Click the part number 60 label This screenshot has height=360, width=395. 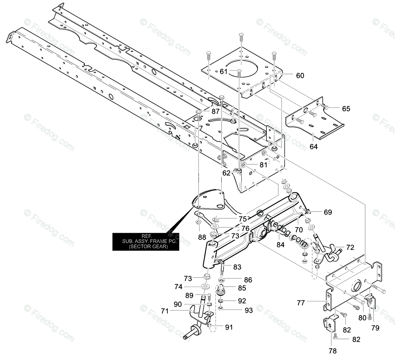(300, 76)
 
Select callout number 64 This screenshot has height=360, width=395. (313, 146)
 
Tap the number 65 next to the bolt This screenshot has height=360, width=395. (346, 109)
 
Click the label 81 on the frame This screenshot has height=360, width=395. (264, 165)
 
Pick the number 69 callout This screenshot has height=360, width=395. (328, 212)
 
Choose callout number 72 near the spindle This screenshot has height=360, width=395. (350, 248)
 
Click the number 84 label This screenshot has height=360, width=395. (280, 245)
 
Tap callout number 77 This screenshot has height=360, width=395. (301, 303)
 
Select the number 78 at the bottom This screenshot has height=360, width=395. (332, 351)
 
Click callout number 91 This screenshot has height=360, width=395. (229, 327)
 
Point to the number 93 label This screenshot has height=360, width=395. (249, 310)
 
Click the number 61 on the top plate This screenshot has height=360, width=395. (224, 71)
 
